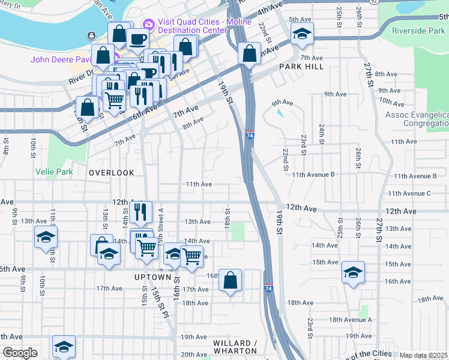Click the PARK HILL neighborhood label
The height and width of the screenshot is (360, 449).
click(301, 67)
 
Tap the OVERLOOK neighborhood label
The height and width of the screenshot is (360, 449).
click(112, 173)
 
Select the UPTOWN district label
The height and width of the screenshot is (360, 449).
click(153, 277)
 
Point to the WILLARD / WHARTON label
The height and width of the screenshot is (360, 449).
click(235, 347)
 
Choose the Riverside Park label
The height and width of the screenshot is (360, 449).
click(418, 31)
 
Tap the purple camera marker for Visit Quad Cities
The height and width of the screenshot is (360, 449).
click(148, 24)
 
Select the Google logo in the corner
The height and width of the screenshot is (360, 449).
click(20, 353)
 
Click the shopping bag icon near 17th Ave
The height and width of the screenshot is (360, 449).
click(230, 280)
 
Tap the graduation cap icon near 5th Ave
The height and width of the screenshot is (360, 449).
click(303, 34)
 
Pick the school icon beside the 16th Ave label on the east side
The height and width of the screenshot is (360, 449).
click(354, 272)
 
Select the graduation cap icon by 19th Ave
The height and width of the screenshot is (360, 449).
click(64, 346)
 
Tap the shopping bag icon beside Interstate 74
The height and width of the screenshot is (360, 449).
click(249, 53)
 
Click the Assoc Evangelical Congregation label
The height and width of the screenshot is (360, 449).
click(417, 119)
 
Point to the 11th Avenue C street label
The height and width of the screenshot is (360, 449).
click(409, 193)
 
